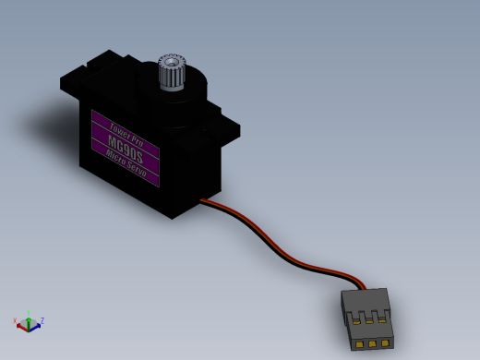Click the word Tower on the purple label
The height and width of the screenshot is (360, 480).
tap(120, 130)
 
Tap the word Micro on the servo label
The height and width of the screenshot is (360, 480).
tap(115, 157)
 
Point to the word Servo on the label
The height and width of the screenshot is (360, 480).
tap(137, 169)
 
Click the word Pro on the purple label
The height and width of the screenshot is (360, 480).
tap(138, 139)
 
